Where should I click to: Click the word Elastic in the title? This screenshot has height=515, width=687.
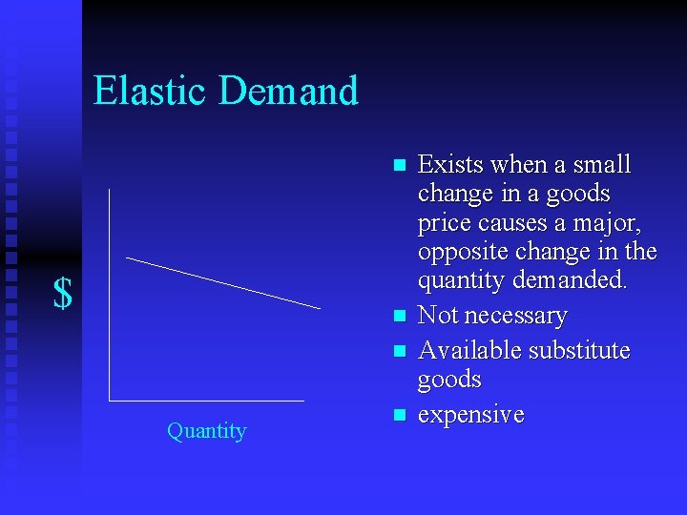[151, 91]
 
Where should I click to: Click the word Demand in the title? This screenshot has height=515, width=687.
[288, 91]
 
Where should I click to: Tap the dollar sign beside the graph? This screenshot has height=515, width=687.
[63, 294]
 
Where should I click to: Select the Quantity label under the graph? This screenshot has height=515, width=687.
[206, 431]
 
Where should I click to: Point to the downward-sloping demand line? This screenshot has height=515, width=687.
[223, 283]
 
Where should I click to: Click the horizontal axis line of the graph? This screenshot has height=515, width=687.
[206, 401]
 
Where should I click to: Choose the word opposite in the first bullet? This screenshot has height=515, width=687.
[461, 252]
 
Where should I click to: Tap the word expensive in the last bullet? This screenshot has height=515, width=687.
[470, 416]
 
